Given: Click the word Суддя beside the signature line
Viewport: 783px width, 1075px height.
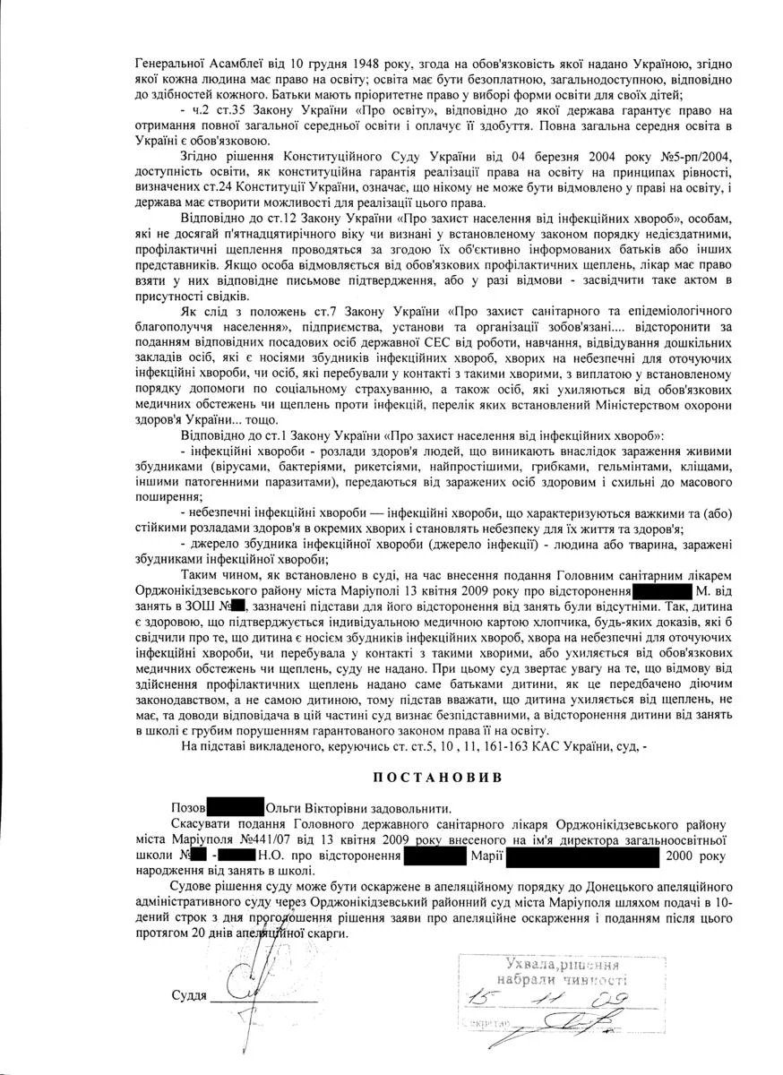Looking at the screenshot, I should click(x=189, y=996).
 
